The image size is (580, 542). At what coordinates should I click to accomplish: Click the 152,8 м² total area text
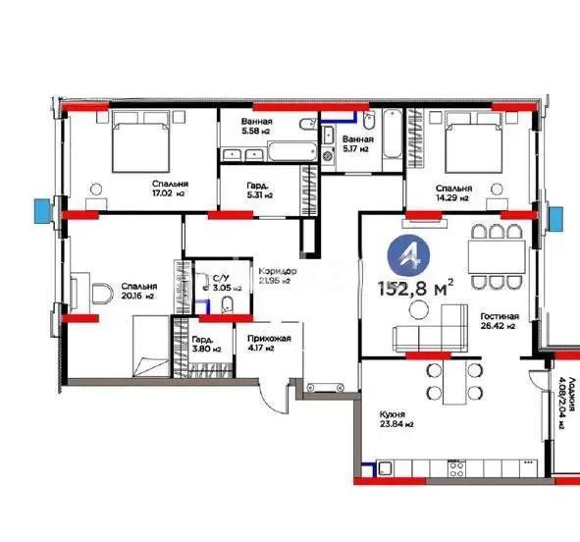pyautogui.click(x=415, y=287)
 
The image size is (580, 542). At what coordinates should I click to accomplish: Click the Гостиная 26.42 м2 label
pyautogui.click(x=499, y=323)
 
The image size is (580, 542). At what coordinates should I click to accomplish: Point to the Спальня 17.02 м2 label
pyautogui.click(x=170, y=190)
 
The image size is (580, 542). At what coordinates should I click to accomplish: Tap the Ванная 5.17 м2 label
pyautogui.click(x=355, y=144)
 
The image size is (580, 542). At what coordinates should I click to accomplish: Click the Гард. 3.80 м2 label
pyautogui.click(x=204, y=343)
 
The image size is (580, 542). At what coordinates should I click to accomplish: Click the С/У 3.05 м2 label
pyautogui.click(x=225, y=285)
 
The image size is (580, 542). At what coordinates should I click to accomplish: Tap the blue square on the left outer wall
pyautogui.click(x=40, y=209)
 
